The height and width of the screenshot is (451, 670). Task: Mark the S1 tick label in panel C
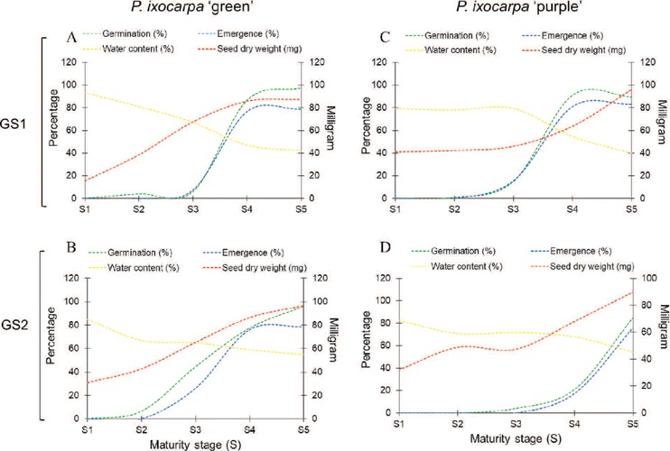tap(394, 209)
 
